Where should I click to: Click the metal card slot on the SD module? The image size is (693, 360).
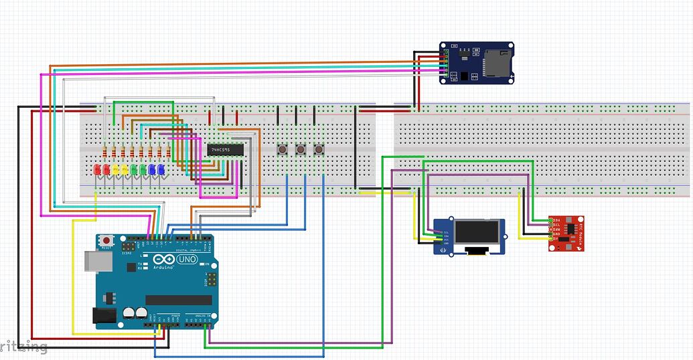click(x=497, y=62)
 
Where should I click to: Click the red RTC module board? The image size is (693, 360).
click(x=565, y=233)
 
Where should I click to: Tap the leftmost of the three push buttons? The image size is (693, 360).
click(x=283, y=149)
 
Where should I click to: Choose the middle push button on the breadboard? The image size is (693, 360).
click(x=301, y=149)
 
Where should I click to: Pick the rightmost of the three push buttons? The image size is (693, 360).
click(x=319, y=149)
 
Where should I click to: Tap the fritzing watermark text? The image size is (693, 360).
click(x=24, y=347)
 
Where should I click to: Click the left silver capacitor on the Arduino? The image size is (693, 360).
click(x=129, y=313)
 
